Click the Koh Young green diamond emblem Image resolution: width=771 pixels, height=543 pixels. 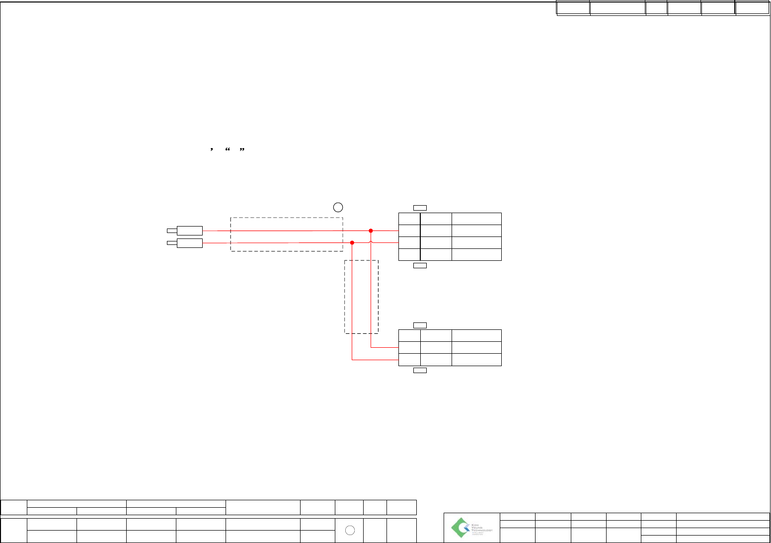(x=460, y=527)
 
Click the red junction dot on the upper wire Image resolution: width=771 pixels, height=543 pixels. (x=371, y=231)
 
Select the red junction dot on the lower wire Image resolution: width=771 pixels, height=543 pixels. (x=352, y=242)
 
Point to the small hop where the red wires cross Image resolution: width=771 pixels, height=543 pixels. (x=371, y=242)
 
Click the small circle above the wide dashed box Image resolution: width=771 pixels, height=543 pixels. (x=338, y=207)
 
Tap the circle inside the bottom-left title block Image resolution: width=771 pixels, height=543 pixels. (x=350, y=530)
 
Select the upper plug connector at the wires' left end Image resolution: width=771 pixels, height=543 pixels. (x=189, y=231)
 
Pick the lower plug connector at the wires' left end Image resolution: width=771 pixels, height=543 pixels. (x=189, y=243)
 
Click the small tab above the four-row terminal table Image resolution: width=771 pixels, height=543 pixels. (x=420, y=208)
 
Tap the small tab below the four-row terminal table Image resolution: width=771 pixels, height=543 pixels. (x=420, y=266)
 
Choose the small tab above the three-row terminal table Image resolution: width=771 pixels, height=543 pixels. (x=420, y=325)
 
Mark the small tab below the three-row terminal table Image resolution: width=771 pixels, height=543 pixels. (x=420, y=370)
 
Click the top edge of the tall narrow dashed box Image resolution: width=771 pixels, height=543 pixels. (x=362, y=260)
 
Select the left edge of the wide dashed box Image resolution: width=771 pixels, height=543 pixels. (x=231, y=234)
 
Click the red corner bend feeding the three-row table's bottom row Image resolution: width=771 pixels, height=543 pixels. (x=352, y=359)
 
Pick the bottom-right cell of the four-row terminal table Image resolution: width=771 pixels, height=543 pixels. (x=476, y=255)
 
